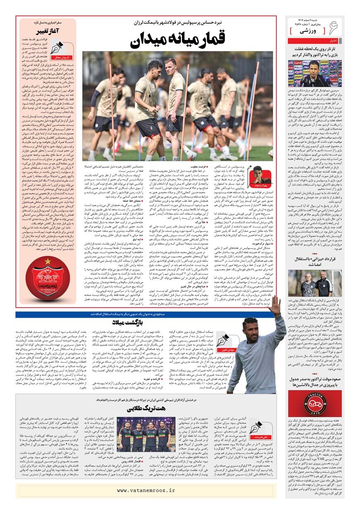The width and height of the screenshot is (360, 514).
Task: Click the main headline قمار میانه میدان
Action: pyautogui.click(x=178, y=41)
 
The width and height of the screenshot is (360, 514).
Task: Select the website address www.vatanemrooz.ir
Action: pyautogui.click(x=146, y=490)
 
